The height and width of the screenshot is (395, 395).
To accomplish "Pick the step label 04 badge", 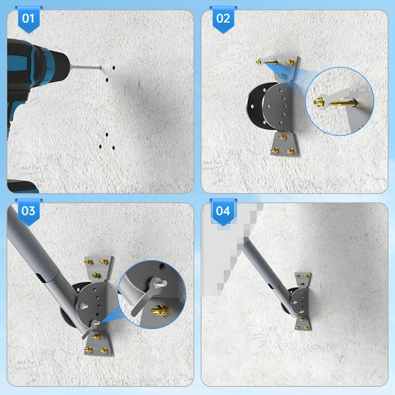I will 223,211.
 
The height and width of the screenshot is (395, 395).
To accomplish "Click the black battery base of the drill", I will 22,187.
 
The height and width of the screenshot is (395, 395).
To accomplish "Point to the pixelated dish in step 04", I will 225,247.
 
